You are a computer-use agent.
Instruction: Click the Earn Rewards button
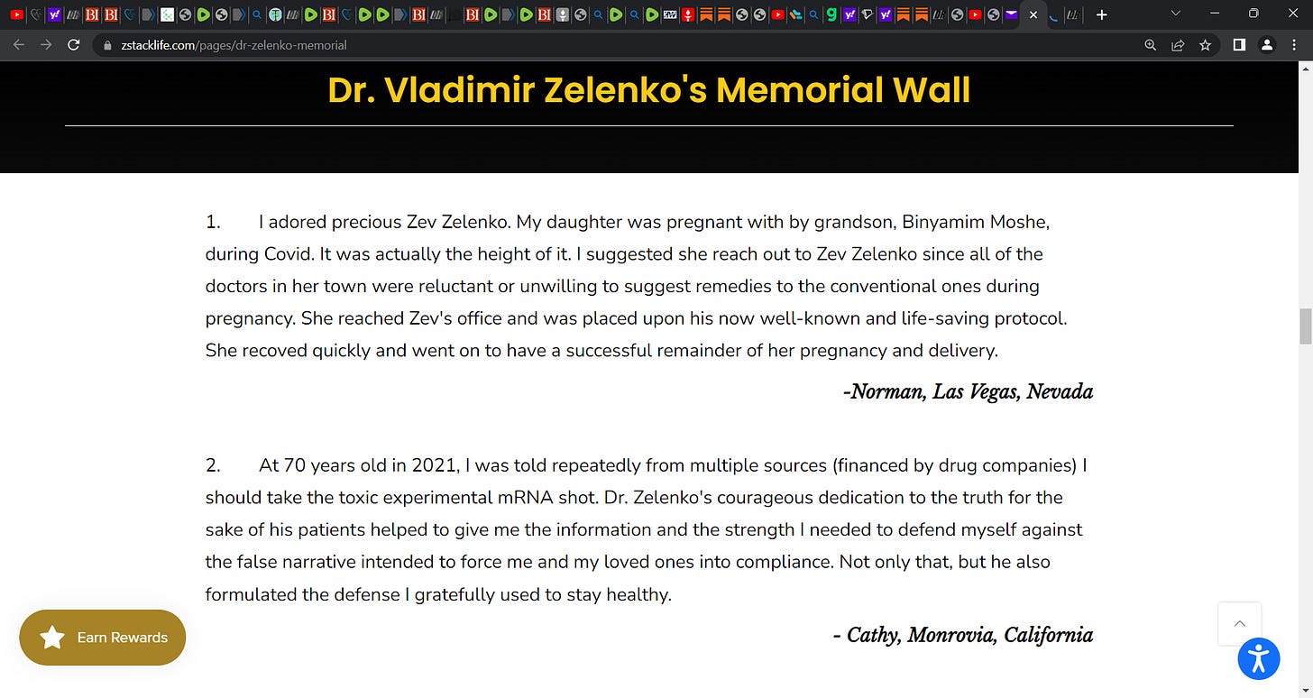(102, 638)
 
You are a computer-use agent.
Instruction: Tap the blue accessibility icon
(1259, 658)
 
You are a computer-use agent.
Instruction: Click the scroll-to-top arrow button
(1239, 623)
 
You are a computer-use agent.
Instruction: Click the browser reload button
(74, 44)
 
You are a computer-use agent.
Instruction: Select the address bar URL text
(234, 45)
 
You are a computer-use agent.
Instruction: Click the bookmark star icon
(1205, 45)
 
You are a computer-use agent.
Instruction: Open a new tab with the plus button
(1101, 14)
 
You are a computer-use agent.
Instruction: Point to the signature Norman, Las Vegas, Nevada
(968, 391)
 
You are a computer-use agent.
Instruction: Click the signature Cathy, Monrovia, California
(962, 635)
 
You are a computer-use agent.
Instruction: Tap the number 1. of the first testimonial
(213, 222)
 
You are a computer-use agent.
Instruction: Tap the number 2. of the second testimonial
(213, 465)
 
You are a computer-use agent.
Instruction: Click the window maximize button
(1253, 14)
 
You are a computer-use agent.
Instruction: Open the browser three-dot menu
(1294, 45)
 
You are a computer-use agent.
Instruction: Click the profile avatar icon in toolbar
(1267, 45)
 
